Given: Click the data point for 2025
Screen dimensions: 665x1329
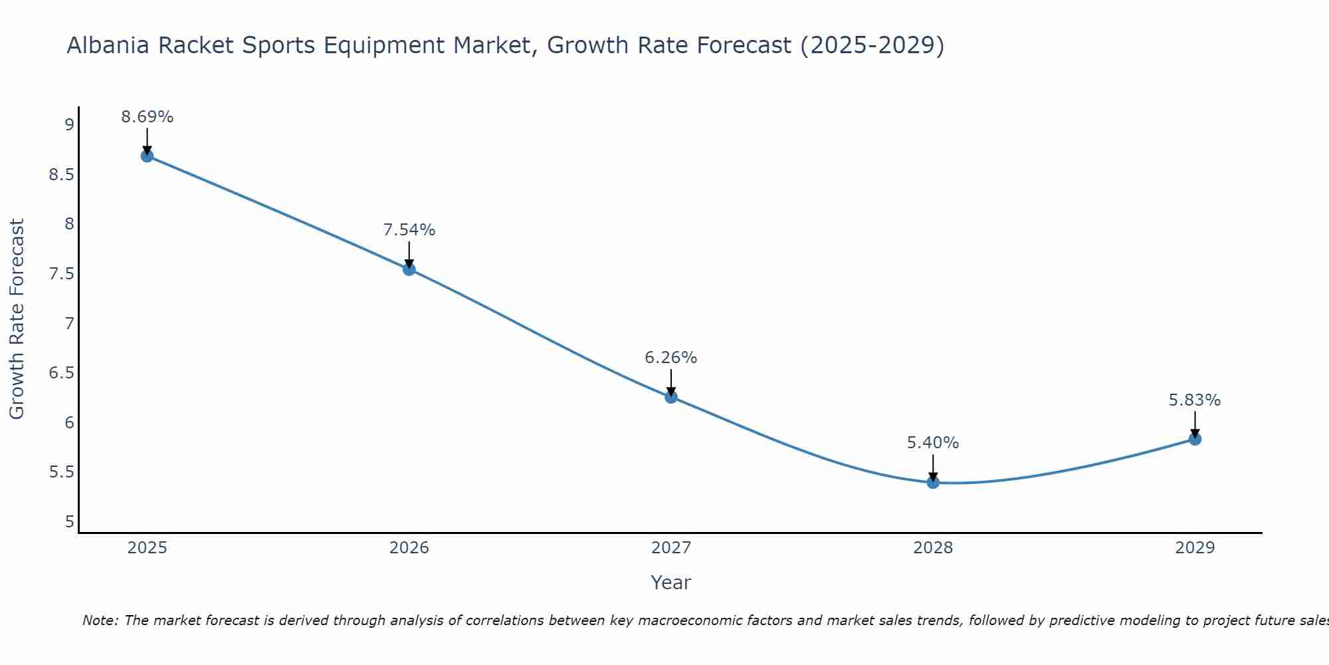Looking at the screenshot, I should click(x=147, y=156).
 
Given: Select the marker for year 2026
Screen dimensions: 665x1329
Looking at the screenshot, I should click(x=409, y=269).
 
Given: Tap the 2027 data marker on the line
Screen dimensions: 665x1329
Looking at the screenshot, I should click(x=671, y=397).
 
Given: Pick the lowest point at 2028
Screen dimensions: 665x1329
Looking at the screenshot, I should click(x=933, y=482).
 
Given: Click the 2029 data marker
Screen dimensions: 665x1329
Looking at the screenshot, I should click(x=1195, y=439).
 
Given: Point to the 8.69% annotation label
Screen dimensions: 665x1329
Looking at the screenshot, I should click(x=147, y=117).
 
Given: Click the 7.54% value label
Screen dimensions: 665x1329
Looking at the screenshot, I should click(x=409, y=230).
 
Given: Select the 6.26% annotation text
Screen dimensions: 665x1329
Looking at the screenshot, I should click(x=671, y=358).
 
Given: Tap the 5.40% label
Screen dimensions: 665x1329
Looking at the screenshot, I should click(x=933, y=443).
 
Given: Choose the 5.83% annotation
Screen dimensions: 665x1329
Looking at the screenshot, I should click(x=1195, y=400).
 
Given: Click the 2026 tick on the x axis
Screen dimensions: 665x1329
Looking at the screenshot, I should click(x=409, y=548).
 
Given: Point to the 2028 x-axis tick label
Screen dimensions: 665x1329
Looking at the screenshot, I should click(x=933, y=548).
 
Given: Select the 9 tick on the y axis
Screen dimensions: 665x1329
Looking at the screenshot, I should click(x=69, y=125).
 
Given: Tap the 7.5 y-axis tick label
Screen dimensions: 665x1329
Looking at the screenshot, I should click(x=61, y=274).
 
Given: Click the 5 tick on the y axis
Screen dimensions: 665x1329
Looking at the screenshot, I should click(x=69, y=522).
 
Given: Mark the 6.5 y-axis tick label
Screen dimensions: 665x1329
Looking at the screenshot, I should click(x=61, y=373).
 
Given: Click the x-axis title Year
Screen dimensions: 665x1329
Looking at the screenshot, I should click(x=671, y=583).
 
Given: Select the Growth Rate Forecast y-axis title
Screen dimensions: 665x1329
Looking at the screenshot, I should click(x=17, y=319).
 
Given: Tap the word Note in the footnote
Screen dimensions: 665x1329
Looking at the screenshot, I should click(x=100, y=621).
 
